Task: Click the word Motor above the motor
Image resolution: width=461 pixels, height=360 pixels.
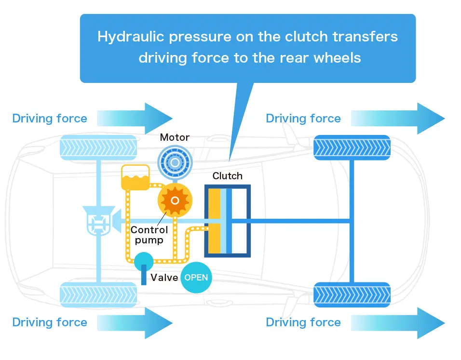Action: pos(175,137)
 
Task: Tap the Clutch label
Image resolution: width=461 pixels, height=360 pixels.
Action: pos(228,176)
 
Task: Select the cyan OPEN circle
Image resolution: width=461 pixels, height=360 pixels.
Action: pos(196,278)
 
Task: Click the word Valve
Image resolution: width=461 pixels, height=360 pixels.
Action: pos(164,278)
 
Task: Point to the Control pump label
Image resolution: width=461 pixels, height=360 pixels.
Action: pos(149,235)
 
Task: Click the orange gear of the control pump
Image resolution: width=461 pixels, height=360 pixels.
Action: pos(175,200)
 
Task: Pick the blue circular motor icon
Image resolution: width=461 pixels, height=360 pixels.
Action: pos(175,162)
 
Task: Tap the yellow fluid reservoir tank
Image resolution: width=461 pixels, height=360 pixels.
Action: pos(136,177)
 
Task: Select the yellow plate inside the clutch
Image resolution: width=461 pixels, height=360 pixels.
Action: pos(214,221)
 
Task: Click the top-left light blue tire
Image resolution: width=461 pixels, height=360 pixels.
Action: pos(98,147)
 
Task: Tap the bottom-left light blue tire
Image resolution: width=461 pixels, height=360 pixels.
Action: pos(98,295)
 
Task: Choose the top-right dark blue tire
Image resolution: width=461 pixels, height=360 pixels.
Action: pos(352,147)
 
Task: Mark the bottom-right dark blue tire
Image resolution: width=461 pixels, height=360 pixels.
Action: pos(352,295)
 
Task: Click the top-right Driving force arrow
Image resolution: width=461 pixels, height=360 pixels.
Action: pos(398,119)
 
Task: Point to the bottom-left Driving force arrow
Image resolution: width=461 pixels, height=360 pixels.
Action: pos(135,323)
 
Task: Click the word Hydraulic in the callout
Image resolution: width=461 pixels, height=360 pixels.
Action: pos(131,37)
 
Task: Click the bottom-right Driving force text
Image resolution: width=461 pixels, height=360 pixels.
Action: pos(303,322)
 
